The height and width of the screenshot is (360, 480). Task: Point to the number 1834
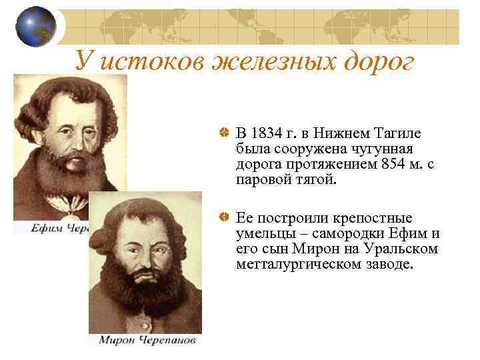click(267, 134)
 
